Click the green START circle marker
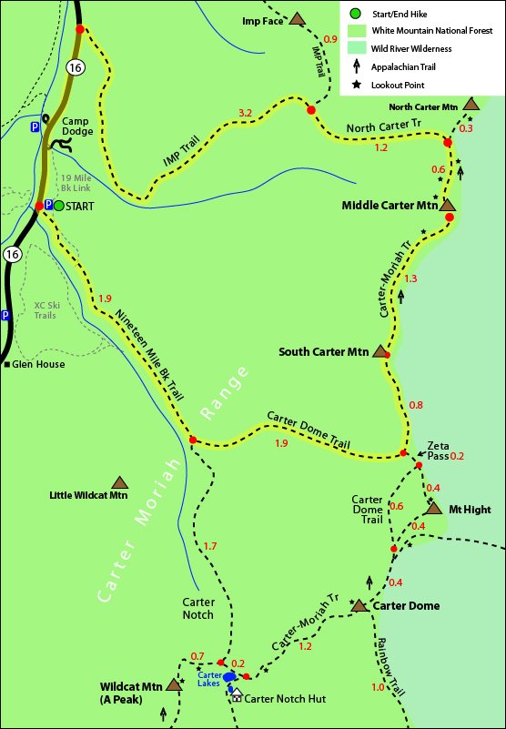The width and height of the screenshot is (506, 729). click(58, 206)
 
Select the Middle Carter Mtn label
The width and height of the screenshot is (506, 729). click(390, 206)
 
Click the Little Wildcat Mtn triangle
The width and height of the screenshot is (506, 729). click(119, 482)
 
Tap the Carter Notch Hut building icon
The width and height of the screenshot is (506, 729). click(238, 694)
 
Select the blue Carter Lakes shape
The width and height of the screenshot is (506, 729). click(230, 678)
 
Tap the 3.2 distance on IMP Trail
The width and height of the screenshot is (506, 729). click(245, 113)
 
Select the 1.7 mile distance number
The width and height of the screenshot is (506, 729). click(209, 546)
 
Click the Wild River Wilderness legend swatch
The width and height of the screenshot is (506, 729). click(353, 47)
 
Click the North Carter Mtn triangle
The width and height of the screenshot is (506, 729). click(471, 105)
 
